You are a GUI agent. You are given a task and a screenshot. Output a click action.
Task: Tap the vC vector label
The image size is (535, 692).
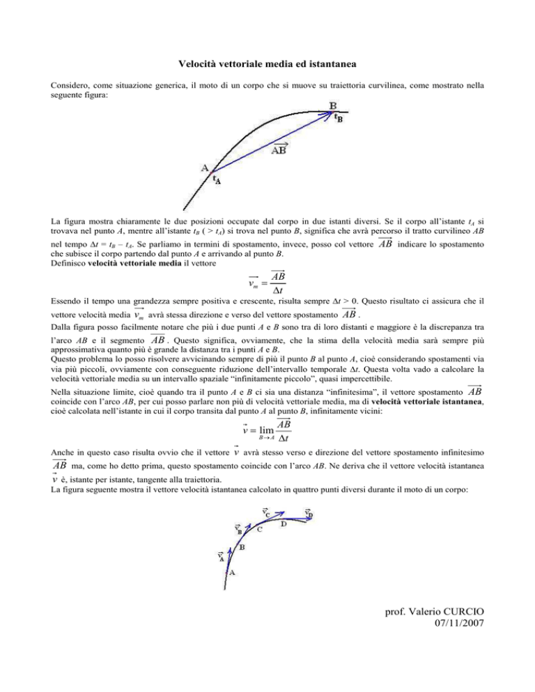(x=267, y=513)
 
